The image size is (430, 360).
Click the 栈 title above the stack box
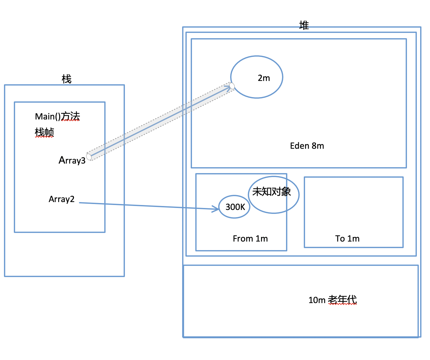[x=66, y=79]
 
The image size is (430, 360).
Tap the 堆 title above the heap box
[x=304, y=25]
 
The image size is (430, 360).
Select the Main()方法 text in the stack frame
[x=57, y=116]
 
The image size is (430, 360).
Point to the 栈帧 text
[x=44, y=132]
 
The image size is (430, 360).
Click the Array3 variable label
[x=72, y=160]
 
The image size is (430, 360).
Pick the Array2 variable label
[x=61, y=199]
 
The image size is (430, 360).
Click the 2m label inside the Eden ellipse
[x=264, y=78]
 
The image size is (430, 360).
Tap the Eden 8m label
[x=307, y=146]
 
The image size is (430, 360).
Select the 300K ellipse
[x=234, y=207]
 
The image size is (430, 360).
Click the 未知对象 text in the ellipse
[x=272, y=192]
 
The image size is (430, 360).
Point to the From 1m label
[x=250, y=239]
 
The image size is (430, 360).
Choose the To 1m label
[x=347, y=239]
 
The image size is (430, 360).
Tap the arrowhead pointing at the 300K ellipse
[x=216, y=209]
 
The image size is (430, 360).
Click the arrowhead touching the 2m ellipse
[x=228, y=88]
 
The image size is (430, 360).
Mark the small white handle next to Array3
[x=89, y=157]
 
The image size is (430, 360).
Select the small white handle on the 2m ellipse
[x=232, y=86]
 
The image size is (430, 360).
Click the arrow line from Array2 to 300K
[x=149, y=206]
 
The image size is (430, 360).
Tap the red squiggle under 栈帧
[x=44, y=137]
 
